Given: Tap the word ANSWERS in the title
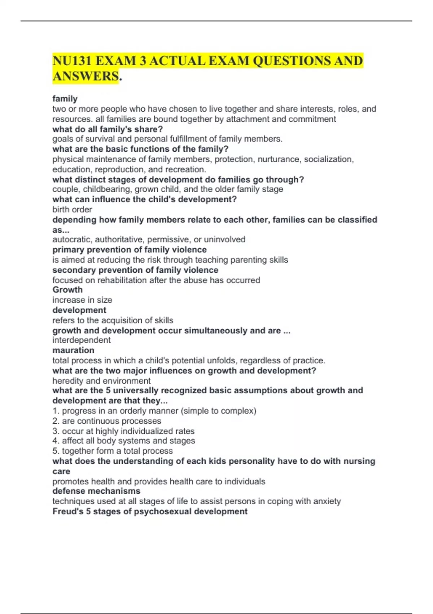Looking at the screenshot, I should [x=85, y=77].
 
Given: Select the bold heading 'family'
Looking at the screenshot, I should [x=65, y=99].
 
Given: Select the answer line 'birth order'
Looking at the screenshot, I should [x=72, y=209].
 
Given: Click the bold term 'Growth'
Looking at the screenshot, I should [x=67, y=290].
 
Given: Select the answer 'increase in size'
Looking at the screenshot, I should [x=82, y=300].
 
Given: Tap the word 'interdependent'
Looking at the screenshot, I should [x=82, y=340].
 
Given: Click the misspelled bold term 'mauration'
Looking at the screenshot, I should [x=73, y=350].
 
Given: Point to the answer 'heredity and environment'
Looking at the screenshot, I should [x=101, y=381].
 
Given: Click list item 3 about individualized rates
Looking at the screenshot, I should [x=123, y=431].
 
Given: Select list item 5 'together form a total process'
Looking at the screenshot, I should [x=113, y=451].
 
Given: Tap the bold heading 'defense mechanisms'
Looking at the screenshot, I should [x=96, y=491].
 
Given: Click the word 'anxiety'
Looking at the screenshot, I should [x=326, y=501].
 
